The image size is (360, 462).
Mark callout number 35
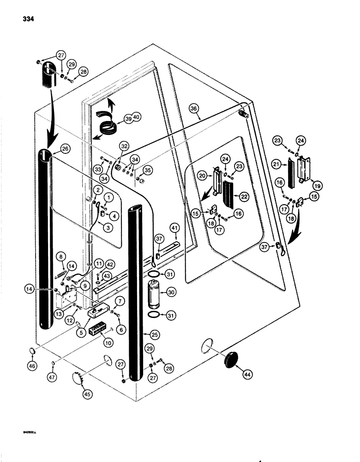coord(148,170)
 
